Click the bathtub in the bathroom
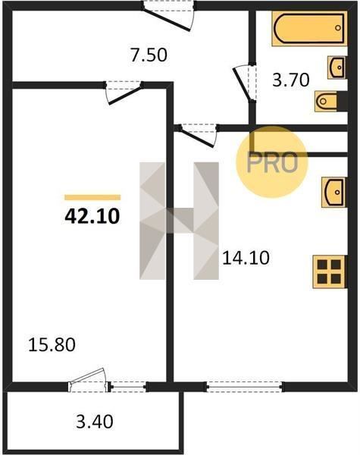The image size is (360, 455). (309, 29)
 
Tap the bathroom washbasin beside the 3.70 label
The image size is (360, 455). (337, 67)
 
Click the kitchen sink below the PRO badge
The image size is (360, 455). (334, 193)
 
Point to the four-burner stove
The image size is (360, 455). (330, 271)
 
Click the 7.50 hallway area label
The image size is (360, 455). (149, 55)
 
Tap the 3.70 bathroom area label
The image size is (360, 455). (291, 80)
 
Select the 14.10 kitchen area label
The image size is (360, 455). (246, 258)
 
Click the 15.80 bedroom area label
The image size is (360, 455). (52, 345)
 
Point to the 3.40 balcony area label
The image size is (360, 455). (95, 422)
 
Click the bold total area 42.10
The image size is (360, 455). (92, 216)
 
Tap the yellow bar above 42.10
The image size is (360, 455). (92, 198)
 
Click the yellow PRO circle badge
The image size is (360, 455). (272, 162)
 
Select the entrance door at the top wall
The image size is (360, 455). (168, 14)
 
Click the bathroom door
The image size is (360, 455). (245, 82)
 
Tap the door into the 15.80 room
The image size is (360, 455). (124, 92)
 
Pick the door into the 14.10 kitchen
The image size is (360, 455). (199, 135)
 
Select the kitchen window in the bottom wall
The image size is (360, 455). (245, 387)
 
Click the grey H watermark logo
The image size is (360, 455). (179, 221)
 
